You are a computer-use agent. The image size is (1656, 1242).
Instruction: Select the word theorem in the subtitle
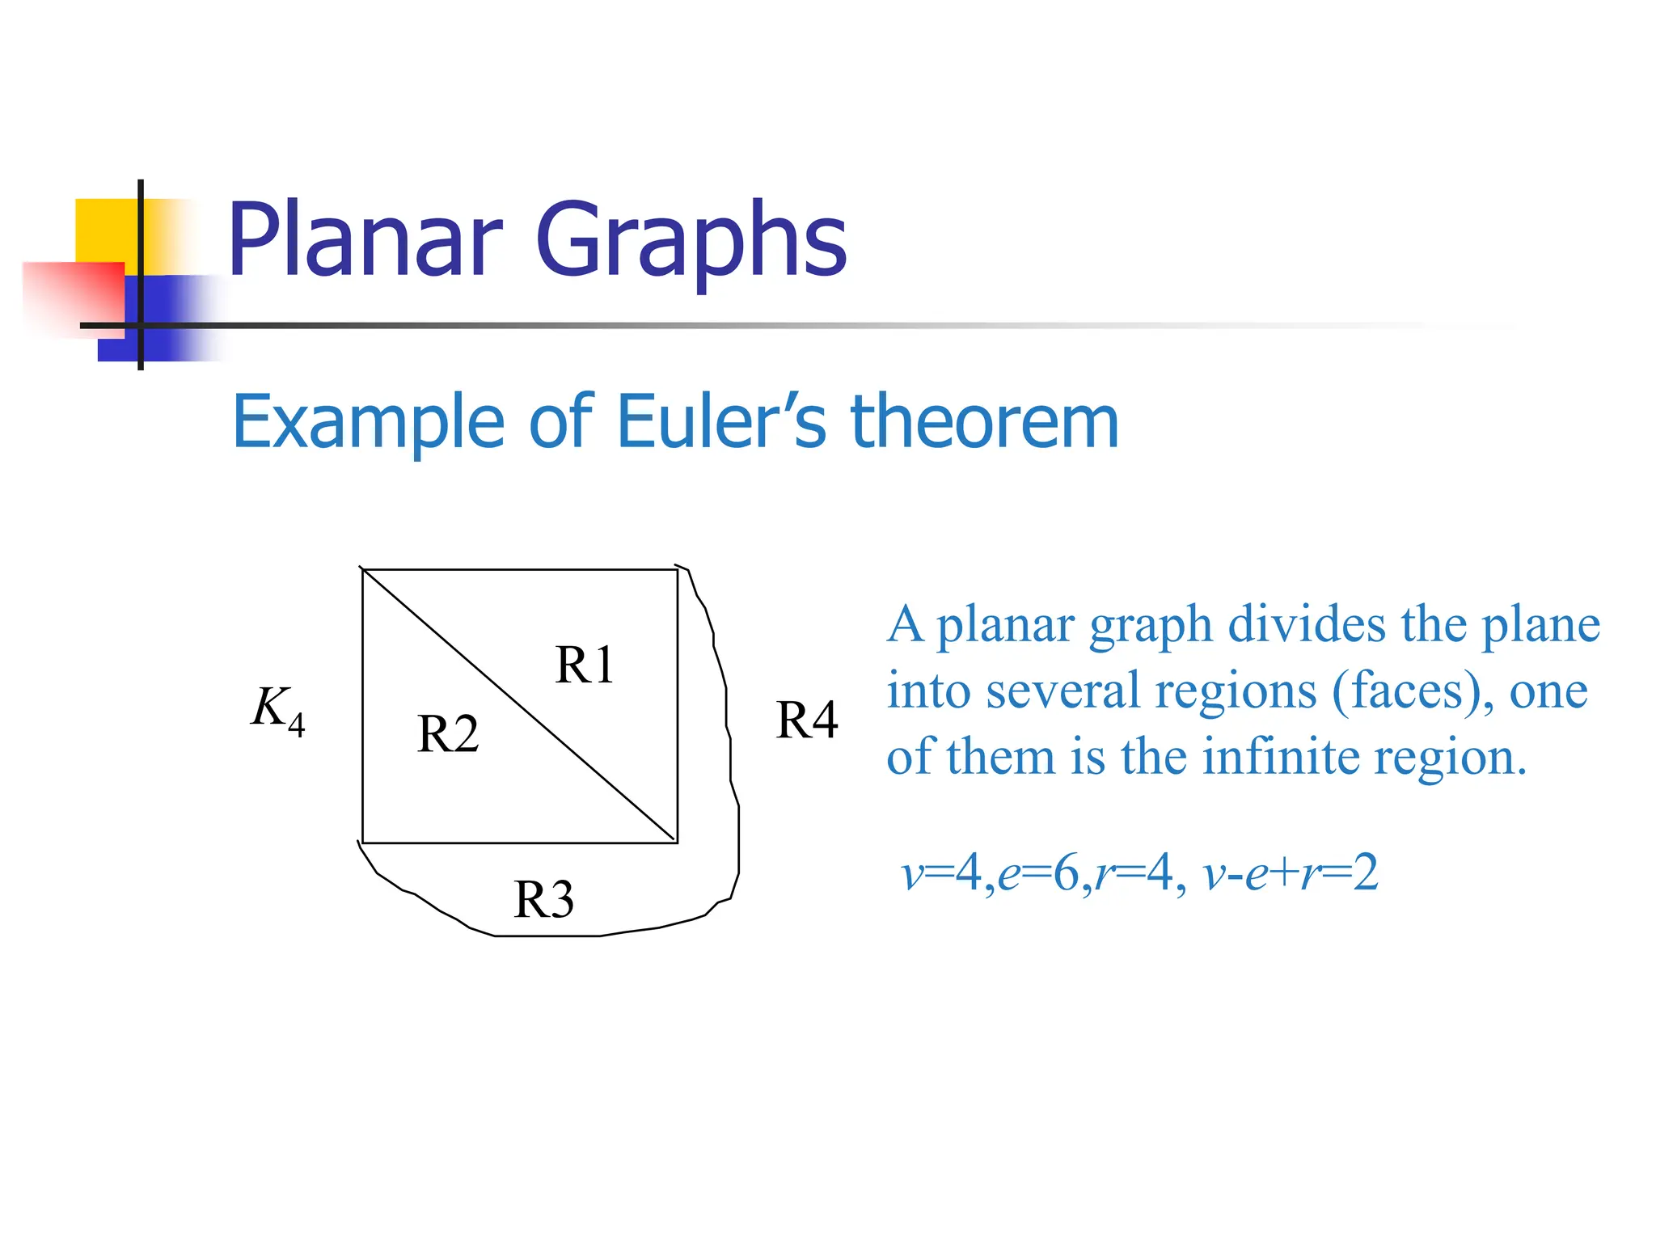click(x=985, y=421)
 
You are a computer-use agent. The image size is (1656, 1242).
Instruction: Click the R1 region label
click(x=585, y=665)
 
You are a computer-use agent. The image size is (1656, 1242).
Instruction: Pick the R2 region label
click(x=448, y=734)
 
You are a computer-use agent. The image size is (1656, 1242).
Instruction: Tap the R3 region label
click(x=544, y=899)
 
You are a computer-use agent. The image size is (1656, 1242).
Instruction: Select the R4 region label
click(x=807, y=720)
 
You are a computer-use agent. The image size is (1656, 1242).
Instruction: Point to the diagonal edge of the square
click(x=520, y=706)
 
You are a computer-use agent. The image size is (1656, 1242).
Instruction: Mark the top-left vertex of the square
click(x=363, y=570)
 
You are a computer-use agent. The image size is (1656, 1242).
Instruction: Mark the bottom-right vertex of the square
click(x=677, y=843)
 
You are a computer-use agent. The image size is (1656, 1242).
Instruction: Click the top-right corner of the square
click(x=677, y=570)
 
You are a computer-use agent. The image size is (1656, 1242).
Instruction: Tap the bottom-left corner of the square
click(x=363, y=843)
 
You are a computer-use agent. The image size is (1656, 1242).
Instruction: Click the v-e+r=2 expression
click(x=1291, y=873)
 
